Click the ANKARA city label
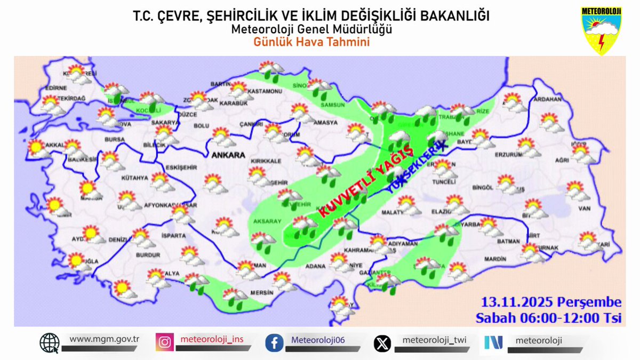point(228,156)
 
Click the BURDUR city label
point(148,255)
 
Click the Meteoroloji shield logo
point(601,30)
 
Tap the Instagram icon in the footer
point(164,342)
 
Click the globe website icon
point(50,343)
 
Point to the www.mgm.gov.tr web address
point(105,339)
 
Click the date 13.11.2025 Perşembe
point(550,302)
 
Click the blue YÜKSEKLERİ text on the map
point(415,167)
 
